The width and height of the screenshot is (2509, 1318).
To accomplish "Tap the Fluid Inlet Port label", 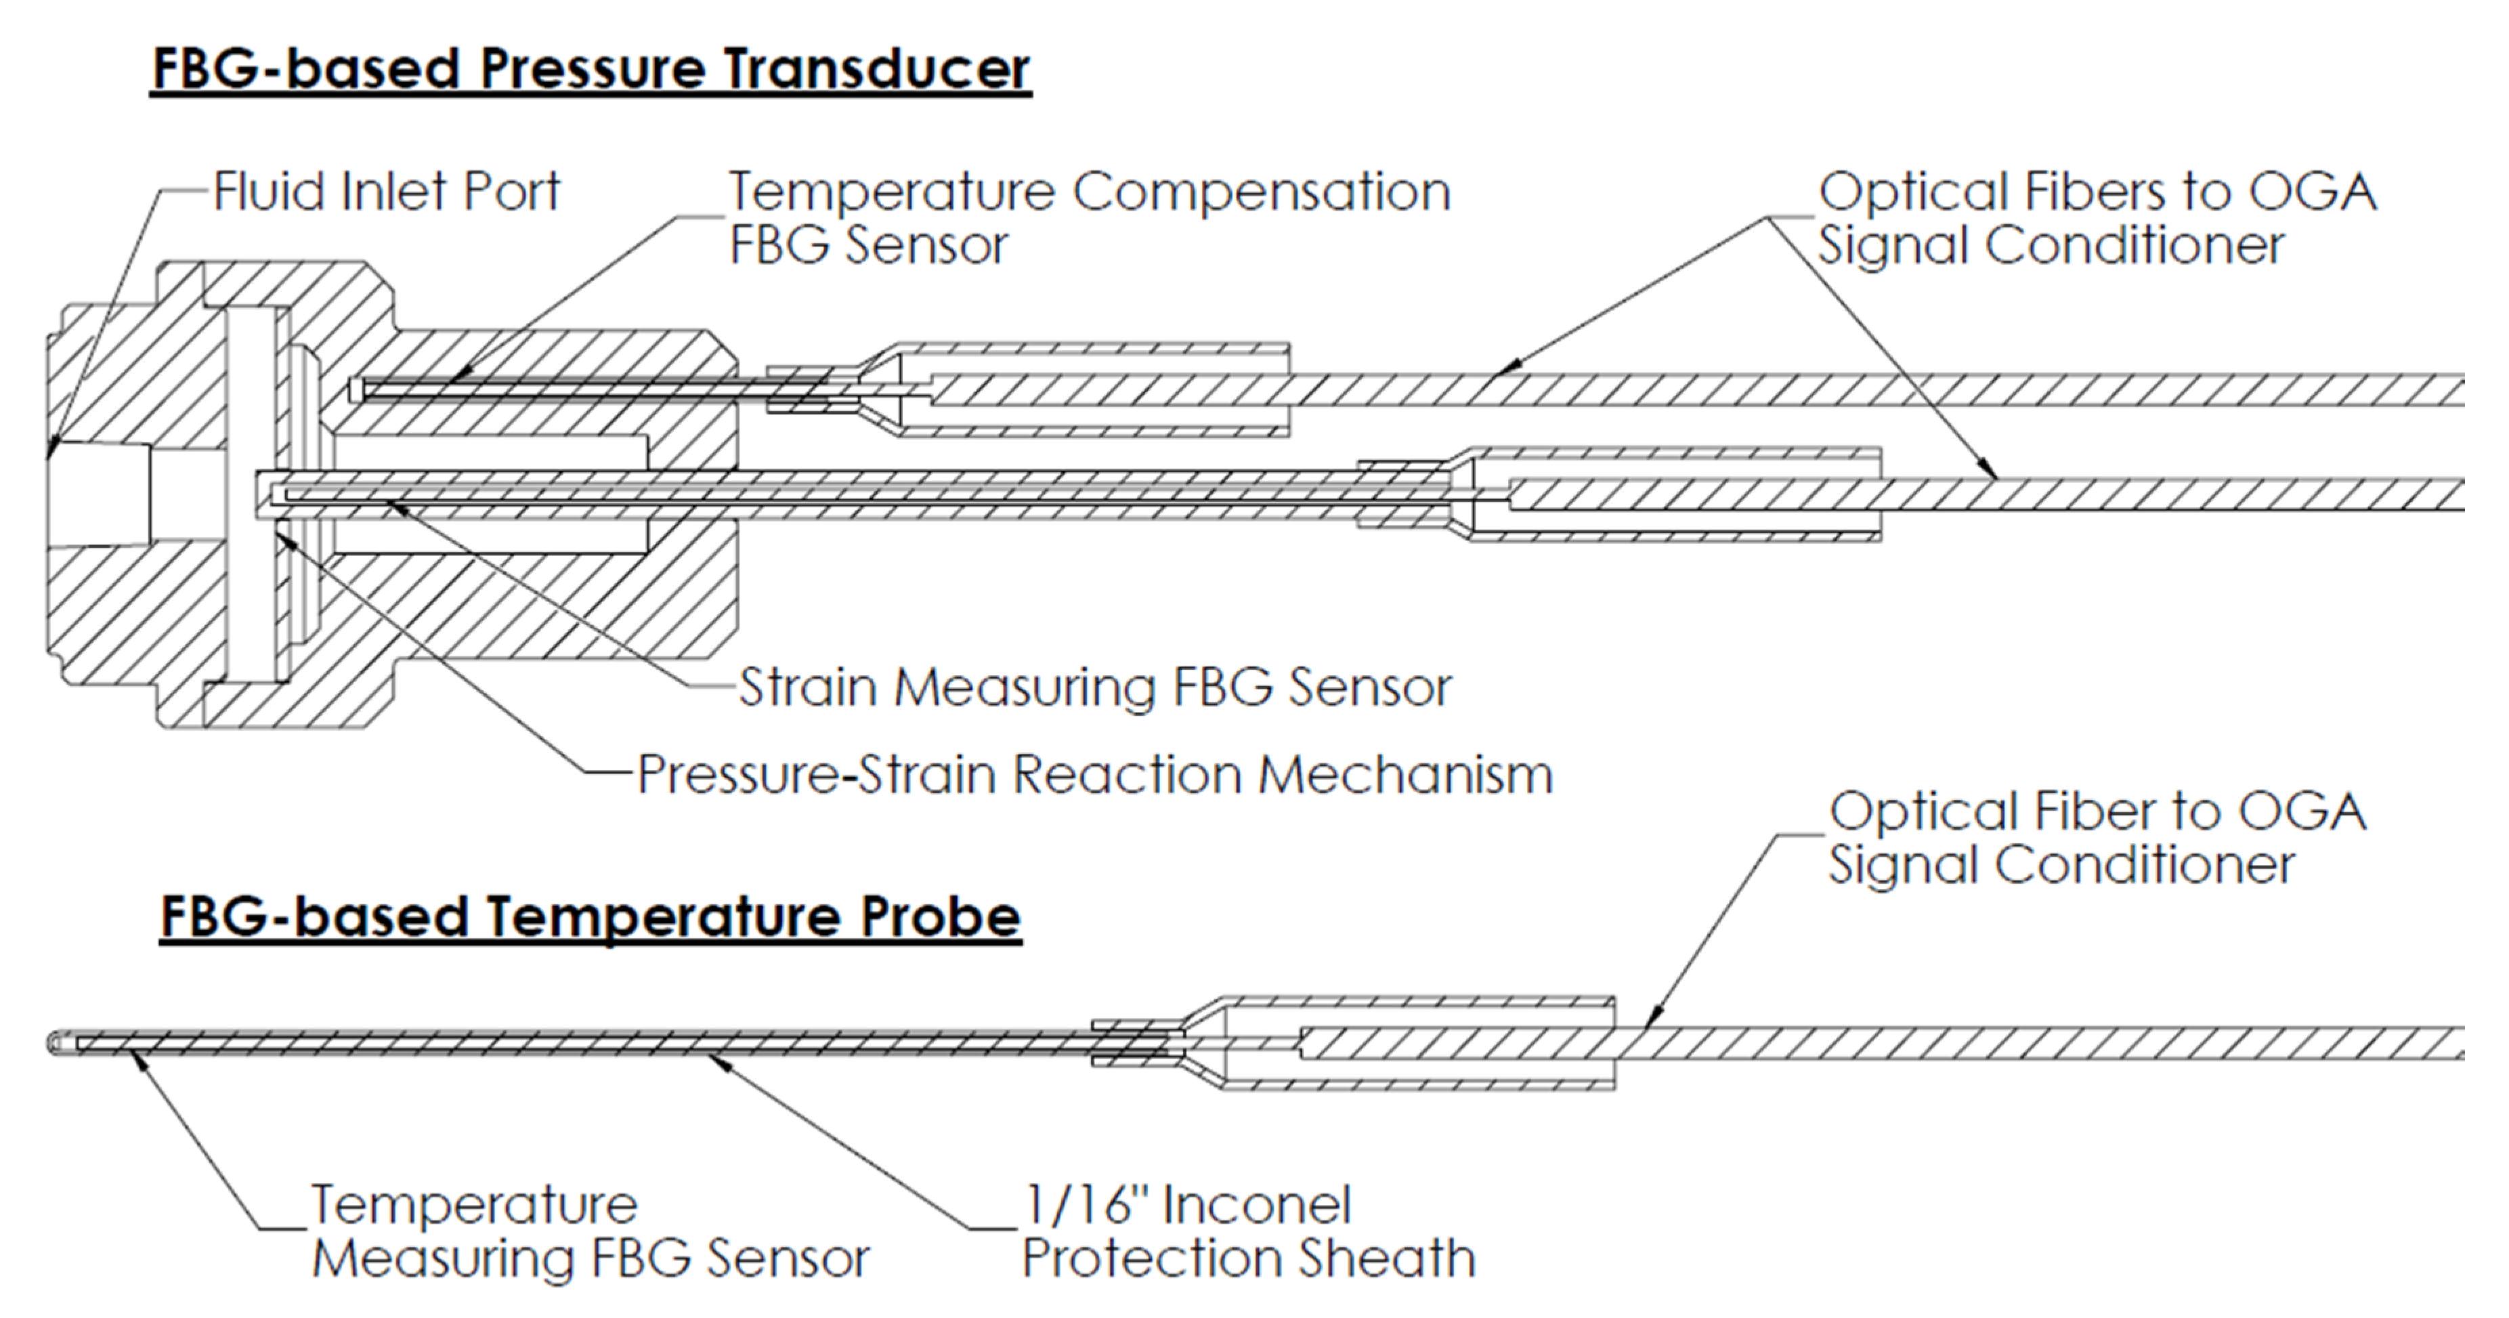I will coord(387,191).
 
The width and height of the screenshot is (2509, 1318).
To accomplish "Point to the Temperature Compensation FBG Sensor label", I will coord(1089,218).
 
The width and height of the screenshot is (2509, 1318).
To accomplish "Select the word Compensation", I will coord(1260,192).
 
